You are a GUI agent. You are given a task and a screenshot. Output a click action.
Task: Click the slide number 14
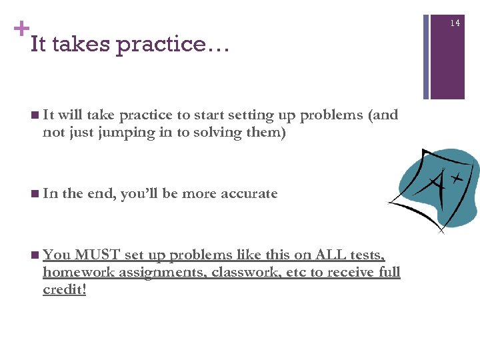(455, 23)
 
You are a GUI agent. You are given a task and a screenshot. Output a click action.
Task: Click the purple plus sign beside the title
(21, 29)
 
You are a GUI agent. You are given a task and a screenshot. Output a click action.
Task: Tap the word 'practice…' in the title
(172, 45)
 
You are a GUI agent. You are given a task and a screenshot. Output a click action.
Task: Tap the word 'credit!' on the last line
(65, 290)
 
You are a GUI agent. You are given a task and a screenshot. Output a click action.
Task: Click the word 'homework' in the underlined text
(73, 273)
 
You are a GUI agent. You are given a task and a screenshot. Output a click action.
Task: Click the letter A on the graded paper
(435, 185)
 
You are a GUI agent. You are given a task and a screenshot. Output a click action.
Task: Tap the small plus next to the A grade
(457, 179)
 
